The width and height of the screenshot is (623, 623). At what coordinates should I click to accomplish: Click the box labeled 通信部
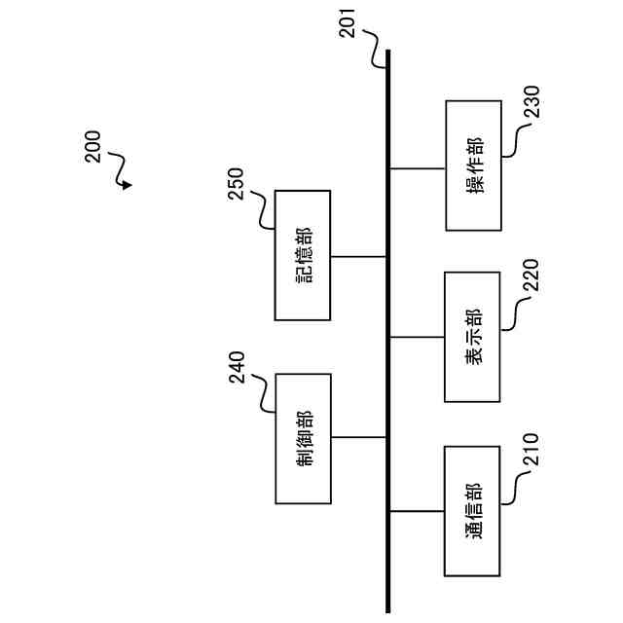tap(473, 511)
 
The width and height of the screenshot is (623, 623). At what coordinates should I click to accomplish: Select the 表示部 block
tap(473, 337)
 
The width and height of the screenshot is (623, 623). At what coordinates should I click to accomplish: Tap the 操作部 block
tap(473, 165)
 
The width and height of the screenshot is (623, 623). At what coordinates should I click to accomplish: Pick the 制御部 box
tap(303, 438)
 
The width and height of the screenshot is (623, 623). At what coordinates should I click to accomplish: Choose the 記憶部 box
tap(303, 255)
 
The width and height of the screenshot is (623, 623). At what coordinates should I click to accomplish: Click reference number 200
tap(92, 146)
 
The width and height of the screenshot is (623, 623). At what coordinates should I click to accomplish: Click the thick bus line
tap(387, 331)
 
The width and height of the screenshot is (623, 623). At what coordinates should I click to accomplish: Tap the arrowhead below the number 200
tap(128, 184)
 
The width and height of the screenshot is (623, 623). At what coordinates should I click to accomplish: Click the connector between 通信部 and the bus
tap(417, 511)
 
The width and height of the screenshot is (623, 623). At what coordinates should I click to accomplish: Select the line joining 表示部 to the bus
tap(417, 337)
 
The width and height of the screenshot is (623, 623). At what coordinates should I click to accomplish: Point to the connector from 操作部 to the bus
tap(417, 167)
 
